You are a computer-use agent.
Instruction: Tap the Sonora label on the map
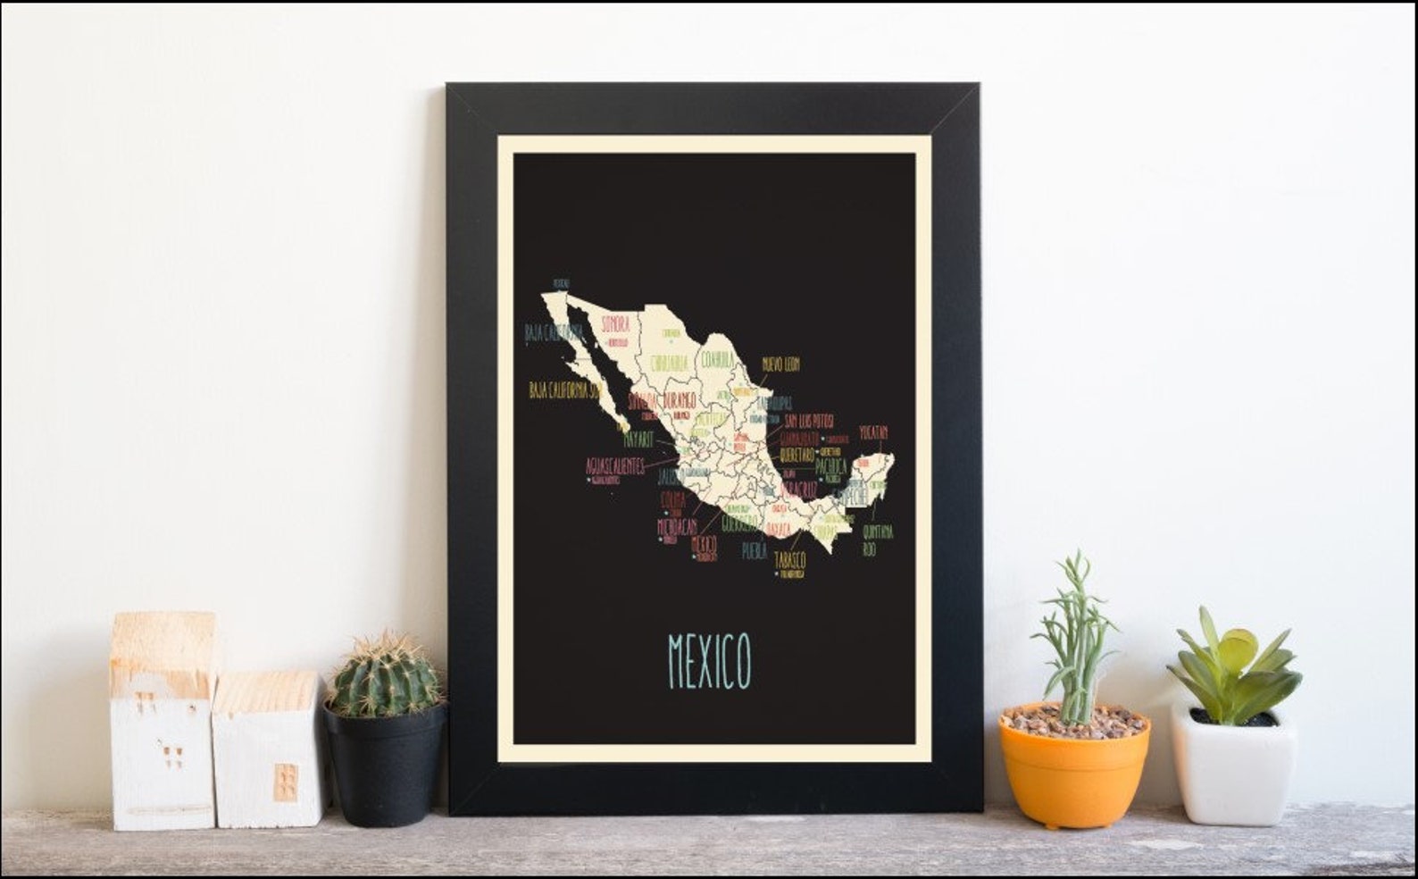(x=615, y=323)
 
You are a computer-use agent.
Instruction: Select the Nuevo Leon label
(x=780, y=364)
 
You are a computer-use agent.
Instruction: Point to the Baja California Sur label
(x=563, y=390)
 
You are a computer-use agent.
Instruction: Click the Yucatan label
(x=873, y=433)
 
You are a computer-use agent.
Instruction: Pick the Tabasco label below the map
(x=790, y=560)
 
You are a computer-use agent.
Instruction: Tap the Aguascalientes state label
(x=614, y=466)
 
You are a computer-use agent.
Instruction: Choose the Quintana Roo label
(x=878, y=540)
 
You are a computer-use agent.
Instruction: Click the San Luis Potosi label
(x=809, y=420)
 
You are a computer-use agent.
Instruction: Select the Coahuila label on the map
(x=716, y=359)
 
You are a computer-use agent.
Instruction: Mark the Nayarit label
(x=638, y=439)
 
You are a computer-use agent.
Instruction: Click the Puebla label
(x=754, y=552)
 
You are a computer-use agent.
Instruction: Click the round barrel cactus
(x=386, y=676)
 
